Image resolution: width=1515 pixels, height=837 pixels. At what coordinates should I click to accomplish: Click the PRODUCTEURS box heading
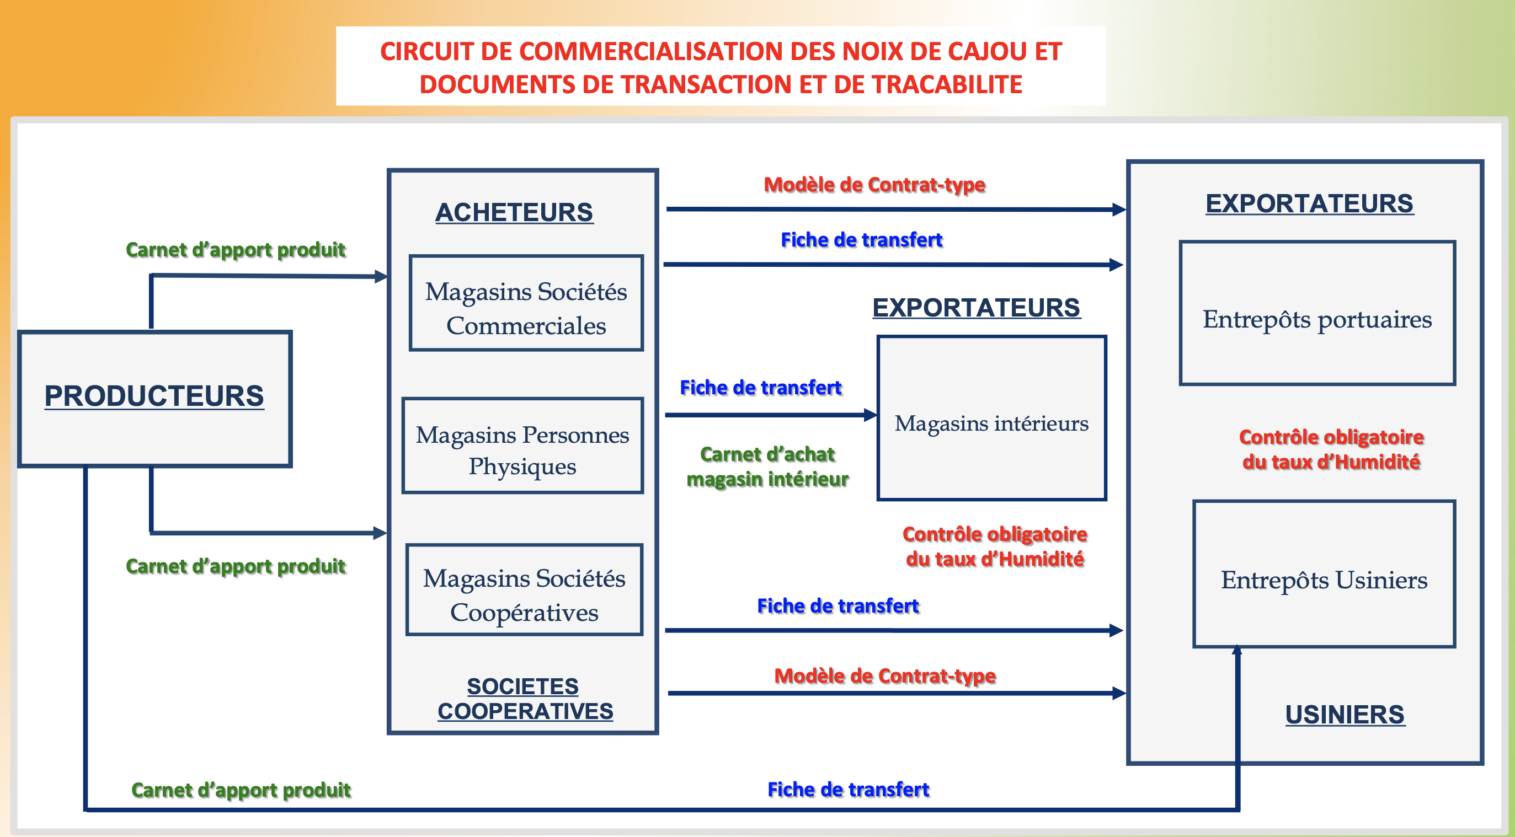click(x=154, y=395)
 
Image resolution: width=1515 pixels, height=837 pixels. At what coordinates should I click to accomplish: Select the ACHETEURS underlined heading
click(x=514, y=212)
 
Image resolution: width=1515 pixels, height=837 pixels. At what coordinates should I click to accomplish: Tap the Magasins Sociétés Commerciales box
click(x=526, y=303)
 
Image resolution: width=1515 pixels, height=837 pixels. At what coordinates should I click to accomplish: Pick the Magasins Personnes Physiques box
click(x=523, y=446)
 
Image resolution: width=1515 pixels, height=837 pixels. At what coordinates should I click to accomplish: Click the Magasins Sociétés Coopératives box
click(x=524, y=590)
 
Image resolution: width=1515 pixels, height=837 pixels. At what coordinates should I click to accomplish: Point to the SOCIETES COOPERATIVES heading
click(x=524, y=699)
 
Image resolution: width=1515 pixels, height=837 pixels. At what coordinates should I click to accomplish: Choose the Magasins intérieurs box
click(x=991, y=418)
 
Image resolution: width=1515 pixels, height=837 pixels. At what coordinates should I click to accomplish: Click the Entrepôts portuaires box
click(x=1317, y=313)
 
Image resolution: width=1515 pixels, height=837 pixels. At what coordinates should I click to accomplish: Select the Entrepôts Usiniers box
click(x=1324, y=574)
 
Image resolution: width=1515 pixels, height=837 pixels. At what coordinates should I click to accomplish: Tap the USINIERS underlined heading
click(x=1345, y=715)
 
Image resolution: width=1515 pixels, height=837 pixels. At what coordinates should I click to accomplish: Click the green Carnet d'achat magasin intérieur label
click(x=767, y=466)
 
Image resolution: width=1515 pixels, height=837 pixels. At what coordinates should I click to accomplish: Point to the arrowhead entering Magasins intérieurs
click(x=871, y=415)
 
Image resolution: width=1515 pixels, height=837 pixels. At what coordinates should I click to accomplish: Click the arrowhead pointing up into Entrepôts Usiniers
click(x=1237, y=650)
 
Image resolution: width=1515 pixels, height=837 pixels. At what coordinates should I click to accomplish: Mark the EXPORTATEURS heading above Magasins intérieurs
click(x=977, y=308)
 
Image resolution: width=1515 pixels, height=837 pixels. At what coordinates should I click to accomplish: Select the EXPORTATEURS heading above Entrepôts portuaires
click(x=1309, y=204)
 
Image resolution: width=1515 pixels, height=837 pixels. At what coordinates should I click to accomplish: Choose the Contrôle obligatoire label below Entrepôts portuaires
click(x=1331, y=449)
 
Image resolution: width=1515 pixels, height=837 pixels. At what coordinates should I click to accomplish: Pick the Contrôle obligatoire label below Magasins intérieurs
click(x=995, y=546)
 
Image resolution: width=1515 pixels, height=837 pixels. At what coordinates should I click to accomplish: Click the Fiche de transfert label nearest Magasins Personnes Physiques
click(x=760, y=388)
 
